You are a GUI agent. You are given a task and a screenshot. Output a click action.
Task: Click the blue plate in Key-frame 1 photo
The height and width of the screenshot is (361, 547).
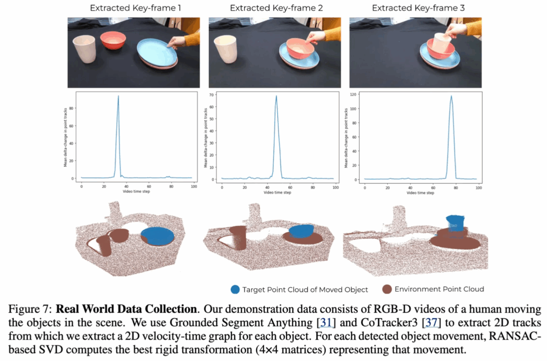click(157, 52)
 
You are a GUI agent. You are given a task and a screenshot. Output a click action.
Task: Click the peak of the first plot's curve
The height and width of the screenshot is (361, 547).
click(118, 96)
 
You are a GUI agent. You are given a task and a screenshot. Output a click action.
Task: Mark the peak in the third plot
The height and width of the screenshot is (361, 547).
click(451, 97)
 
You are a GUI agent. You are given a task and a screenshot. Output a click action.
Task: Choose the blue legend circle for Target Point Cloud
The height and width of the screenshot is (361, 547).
click(235, 289)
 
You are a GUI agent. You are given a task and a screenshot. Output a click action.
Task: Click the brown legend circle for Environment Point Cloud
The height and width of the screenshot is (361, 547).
click(387, 289)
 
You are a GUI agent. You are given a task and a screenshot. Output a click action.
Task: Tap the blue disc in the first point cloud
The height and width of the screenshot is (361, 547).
click(158, 236)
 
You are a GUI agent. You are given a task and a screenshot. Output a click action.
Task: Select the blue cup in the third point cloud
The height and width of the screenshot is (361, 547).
click(455, 223)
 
